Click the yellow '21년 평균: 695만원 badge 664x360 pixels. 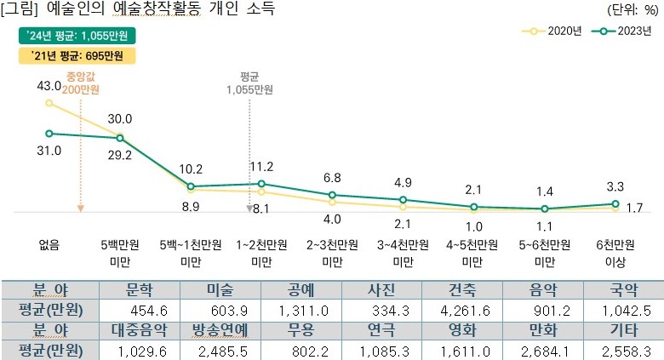click(x=77, y=57)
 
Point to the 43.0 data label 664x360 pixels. click(x=49, y=86)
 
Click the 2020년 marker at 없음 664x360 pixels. click(x=49, y=103)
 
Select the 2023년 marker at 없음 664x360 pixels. click(x=49, y=133)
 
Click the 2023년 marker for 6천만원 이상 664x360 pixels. click(x=615, y=203)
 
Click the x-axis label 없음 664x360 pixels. click(x=49, y=244)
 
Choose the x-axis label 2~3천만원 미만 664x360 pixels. click(x=332, y=252)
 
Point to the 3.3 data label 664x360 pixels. click(x=615, y=186)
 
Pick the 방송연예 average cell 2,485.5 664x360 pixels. click(x=220, y=349)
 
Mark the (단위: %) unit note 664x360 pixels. click(x=633, y=10)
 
